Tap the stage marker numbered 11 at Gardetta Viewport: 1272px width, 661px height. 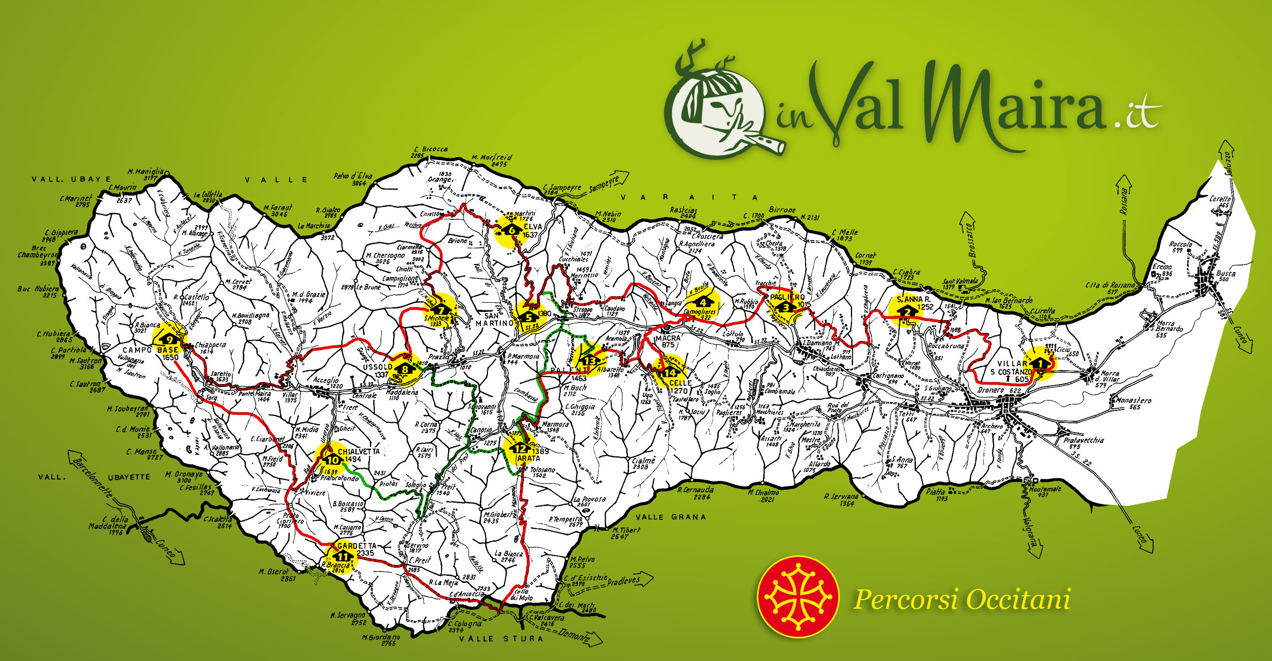pyautogui.click(x=343, y=556)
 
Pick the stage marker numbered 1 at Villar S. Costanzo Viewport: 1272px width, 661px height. pyautogui.click(x=1040, y=364)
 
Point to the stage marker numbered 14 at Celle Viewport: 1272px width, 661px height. pyautogui.click(x=670, y=372)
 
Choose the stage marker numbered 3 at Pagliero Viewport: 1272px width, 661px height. pyautogui.click(x=786, y=308)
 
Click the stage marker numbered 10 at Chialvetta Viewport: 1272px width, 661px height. pyautogui.click(x=333, y=460)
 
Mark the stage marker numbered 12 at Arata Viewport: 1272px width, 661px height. pyautogui.click(x=520, y=448)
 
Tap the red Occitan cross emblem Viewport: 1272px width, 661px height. pyautogui.click(x=798, y=597)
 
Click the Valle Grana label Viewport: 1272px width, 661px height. pyautogui.click(x=670, y=517)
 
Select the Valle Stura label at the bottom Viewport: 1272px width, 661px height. pyautogui.click(x=501, y=639)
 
